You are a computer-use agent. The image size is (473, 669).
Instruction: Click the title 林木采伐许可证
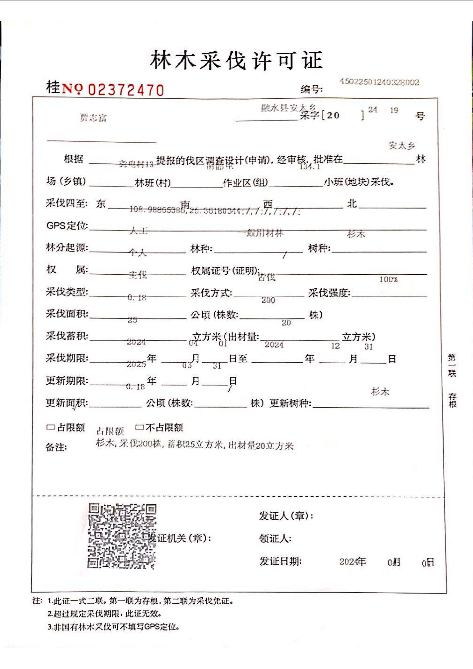(236, 60)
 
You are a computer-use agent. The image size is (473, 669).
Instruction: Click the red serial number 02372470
(126, 90)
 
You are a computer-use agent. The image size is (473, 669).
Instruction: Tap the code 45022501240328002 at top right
(379, 82)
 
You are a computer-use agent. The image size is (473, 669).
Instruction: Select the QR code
(122, 536)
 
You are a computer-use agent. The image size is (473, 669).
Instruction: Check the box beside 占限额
(50, 427)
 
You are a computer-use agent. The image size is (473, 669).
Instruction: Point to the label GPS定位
(67, 225)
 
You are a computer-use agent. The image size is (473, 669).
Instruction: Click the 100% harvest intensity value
(389, 280)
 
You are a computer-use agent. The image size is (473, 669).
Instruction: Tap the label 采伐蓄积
(67, 336)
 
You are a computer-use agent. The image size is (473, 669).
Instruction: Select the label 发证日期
(280, 561)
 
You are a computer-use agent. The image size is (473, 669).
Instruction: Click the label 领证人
(275, 538)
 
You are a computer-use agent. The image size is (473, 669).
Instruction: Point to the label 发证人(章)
(286, 516)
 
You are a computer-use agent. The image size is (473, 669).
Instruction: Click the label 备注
(56, 447)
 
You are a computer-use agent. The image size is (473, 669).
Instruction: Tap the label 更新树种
(290, 403)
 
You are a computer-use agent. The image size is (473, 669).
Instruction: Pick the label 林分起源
(67, 247)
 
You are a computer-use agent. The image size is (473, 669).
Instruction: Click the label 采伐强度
(329, 292)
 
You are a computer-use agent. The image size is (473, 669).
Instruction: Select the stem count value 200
(268, 300)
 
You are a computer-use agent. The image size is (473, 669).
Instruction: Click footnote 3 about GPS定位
(114, 627)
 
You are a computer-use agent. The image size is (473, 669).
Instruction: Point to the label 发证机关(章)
(180, 538)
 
